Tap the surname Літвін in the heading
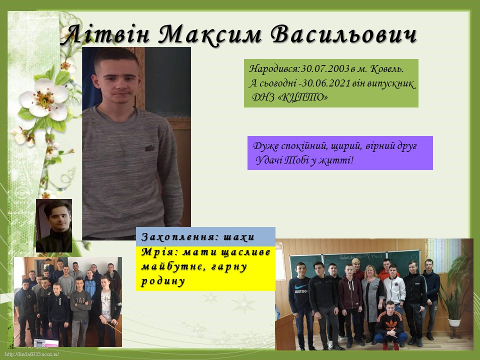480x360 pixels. [x=107, y=34]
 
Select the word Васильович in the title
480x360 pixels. [x=344, y=34]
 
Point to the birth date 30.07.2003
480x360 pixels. [x=325, y=69]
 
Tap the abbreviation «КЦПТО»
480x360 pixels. [x=304, y=97]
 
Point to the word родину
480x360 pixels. [x=163, y=281]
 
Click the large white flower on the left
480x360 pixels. [x=43, y=98]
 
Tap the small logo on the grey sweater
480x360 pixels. [x=149, y=148]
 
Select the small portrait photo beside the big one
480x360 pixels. [x=54, y=225]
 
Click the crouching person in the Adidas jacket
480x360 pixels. [x=390, y=325]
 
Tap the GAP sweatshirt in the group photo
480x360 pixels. [x=80, y=304]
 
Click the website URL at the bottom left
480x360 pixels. [x=32, y=354]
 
